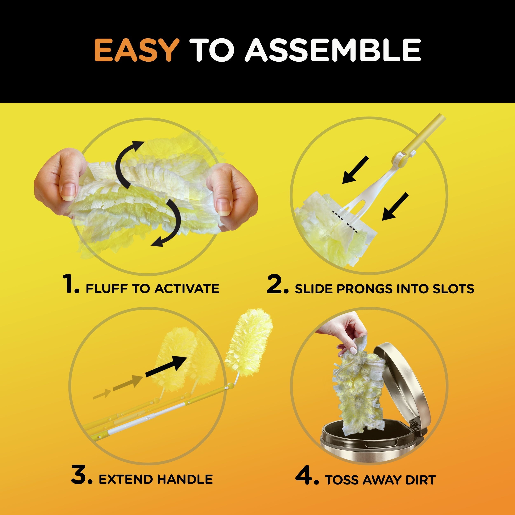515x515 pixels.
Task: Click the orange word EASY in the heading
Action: [x=137, y=50]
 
